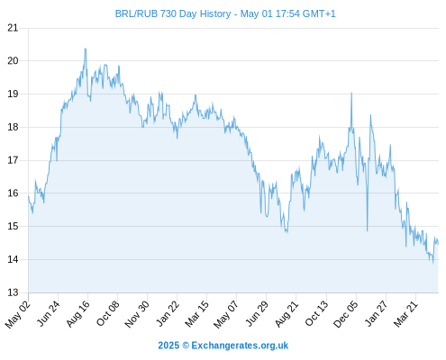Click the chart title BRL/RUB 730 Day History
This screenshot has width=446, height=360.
[173, 13]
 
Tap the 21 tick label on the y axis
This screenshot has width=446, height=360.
[13, 29]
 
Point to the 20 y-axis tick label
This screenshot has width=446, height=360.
[13, 61]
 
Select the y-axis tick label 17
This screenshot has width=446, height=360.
[13, 160]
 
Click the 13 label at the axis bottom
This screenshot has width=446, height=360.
[13, 292]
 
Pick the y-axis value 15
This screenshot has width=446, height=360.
[13, 226]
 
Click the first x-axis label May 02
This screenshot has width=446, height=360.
[18, 314]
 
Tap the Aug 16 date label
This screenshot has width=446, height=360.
[78, 313]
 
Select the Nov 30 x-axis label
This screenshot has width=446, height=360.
[137, 314]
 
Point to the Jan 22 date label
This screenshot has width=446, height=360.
[168, 313]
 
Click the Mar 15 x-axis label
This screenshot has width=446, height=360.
[196, 314]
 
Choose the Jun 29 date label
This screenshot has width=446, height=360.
[257, 313]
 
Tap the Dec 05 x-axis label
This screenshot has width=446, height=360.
[346, 314]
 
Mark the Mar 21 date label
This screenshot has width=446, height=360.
[405, 314]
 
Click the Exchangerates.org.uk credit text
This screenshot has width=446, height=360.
[240, 346]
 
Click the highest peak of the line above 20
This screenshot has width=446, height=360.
[86, 49]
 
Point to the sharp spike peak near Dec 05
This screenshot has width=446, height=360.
[351, 93]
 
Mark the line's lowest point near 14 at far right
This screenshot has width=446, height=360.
[432, 263]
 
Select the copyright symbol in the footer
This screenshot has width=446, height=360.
[186, 346]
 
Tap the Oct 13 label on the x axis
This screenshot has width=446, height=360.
[317, 313]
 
